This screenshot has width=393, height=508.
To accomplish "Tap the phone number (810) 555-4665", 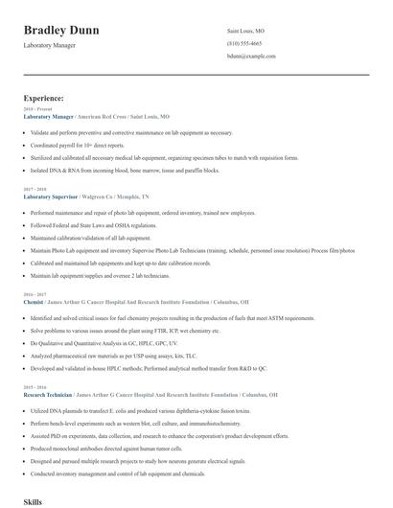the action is pyautogui.click(x=244, y=44).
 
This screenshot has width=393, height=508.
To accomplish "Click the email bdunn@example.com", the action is pyautogui.click(x=251, y=57).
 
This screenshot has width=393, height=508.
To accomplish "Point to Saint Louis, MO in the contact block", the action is pyautogui.click(x=245, y=32).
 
